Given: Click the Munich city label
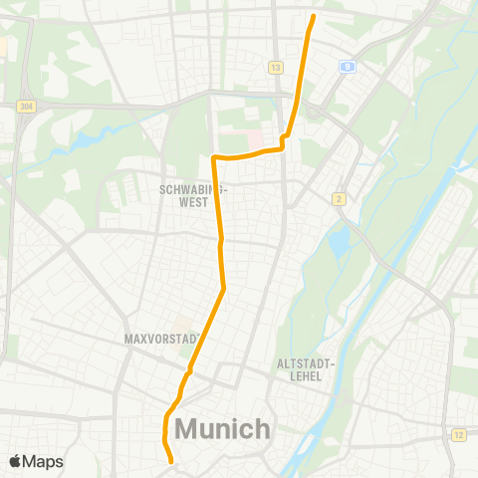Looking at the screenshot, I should tap(223, 429).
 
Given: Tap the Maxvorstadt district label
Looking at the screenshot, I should tap(162, 339).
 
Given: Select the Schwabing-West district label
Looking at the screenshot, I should tap(194, 195).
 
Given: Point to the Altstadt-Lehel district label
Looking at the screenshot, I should tap(304, 370).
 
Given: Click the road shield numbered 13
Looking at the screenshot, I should tap(275, 67).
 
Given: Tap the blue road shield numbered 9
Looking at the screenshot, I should tap(347, 67).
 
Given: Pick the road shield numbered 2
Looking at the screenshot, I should tap(340, 198).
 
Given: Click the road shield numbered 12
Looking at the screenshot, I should tap(459, 435).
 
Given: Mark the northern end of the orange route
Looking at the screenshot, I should tap(314, 16).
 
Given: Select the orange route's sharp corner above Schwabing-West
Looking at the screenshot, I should tap(214, 157).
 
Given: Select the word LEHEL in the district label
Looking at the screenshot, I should tap(304, 377).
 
